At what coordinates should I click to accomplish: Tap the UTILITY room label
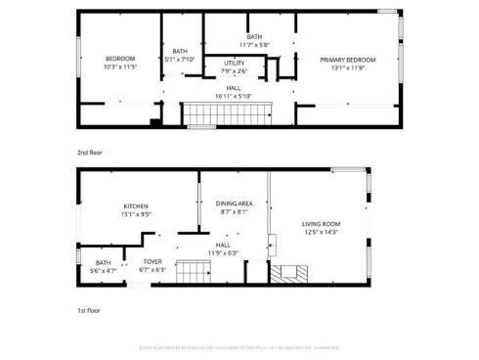click(x=234, y=63)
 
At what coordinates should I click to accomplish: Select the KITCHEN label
click(x=135, y=205)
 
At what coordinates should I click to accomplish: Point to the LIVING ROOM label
click(x=320, y=224)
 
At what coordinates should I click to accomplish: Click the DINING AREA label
click(x=234, y=203)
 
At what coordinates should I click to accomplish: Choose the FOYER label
click(x=152, y=262)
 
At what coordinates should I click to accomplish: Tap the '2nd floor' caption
click(x=90, y=153)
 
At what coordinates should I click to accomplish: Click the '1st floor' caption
click(x=89, y=310)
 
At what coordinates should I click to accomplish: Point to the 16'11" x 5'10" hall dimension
click(x=234, y=96)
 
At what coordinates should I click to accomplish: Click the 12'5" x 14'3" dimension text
click(x=320, y=232)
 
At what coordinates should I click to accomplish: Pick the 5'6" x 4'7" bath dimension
click(x=104, y=270)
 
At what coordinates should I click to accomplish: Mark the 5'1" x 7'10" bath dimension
click(x=180, y=59)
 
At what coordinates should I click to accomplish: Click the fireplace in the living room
click(x=289, y=273)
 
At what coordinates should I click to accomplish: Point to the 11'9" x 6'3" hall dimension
click(x=224, y=253)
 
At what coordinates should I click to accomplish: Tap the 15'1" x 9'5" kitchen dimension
click(x=135, y=213)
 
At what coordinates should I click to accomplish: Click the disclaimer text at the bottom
click(x=239, y=346)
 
